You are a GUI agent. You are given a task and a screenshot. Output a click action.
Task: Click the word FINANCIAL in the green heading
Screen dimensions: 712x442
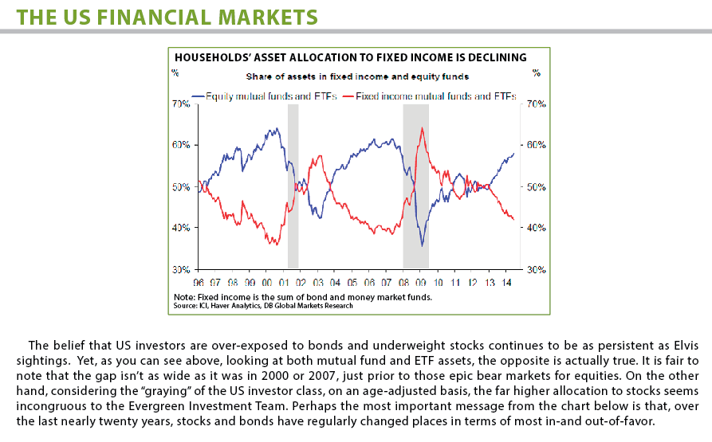tap(154, 18)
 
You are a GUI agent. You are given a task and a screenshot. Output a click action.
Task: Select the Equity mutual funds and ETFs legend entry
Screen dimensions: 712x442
tap(264, 96)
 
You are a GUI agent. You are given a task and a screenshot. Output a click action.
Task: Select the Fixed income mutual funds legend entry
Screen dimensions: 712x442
tap(430, 96)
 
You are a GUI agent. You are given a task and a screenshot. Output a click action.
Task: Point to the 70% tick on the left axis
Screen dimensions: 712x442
tap(181, 104)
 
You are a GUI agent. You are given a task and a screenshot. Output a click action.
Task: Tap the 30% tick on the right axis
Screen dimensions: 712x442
tap(537, 270)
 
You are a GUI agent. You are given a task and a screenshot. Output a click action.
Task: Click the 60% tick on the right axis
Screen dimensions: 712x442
tap(537, 145)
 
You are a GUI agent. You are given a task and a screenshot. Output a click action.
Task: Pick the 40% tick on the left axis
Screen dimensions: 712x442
tap(181, 228)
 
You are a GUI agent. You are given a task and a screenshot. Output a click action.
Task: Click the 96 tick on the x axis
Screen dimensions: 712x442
tap(199, 283)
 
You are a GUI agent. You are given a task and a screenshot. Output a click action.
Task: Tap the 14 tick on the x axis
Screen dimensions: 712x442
tap(507, 283)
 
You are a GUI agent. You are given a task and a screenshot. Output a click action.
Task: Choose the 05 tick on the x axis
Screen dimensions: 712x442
tap(352, 283)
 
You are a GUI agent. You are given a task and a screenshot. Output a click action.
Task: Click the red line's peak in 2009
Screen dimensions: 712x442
tap(423, 128)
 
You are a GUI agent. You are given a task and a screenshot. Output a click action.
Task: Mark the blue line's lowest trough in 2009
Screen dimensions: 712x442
tap(423, 246)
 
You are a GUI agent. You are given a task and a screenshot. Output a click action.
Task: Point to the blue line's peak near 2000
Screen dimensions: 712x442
tap(277, 128)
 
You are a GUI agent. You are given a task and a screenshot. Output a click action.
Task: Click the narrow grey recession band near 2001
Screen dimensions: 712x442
tap(293, 186)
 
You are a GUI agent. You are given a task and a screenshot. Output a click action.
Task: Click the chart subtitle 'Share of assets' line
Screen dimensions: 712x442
tap(357, 76)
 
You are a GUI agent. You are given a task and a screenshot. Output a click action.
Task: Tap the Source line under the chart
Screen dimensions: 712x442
tap(263, 306)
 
